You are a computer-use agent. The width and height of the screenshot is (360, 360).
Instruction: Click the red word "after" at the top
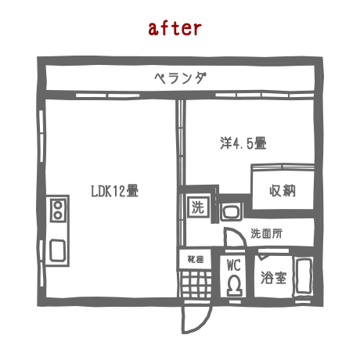coord(175,28)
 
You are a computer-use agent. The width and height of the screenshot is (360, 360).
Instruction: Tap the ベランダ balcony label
coord(181,77)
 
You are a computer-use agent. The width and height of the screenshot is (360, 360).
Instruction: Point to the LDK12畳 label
coord(115,191)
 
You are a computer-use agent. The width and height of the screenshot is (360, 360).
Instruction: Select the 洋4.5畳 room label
coord(243,143)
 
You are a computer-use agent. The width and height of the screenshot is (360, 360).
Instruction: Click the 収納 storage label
coord(283,190)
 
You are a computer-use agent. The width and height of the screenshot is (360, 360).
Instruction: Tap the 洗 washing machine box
coord(198,207)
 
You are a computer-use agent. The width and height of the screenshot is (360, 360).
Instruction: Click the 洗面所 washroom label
coord(266,233)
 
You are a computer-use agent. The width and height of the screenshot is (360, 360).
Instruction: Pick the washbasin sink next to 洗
coord(231,212)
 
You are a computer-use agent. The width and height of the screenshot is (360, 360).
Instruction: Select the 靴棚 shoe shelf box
coord(195,259)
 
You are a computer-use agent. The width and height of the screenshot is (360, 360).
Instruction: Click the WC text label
coord(234,265)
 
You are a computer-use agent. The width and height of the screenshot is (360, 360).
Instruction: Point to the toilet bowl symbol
coord(234,286)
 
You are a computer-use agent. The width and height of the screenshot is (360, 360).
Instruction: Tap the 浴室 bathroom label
coord(273,278)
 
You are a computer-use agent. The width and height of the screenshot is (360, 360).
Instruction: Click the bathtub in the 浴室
coord(303,276)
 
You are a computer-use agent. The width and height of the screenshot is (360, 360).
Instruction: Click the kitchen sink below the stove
coord(57,250)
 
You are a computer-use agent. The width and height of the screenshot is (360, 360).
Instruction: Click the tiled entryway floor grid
coord(196,284)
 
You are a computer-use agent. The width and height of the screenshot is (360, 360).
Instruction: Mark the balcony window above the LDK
coord(108,95)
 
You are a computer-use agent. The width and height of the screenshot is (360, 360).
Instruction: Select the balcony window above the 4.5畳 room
coord(265,95)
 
